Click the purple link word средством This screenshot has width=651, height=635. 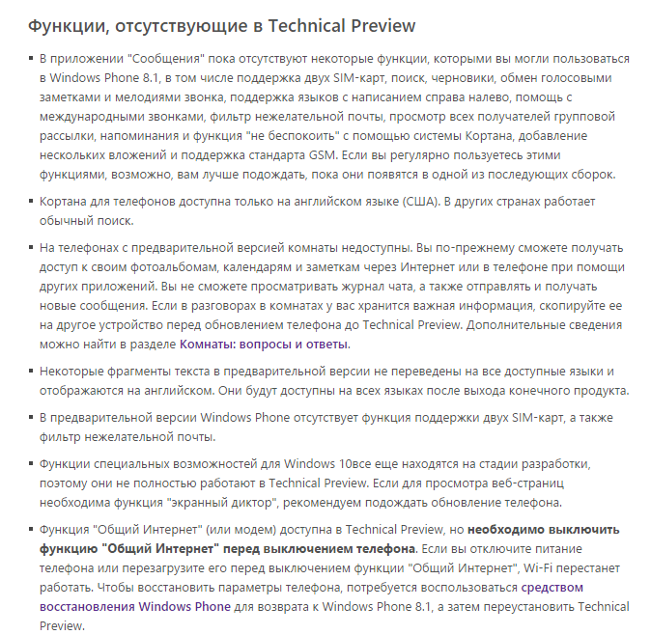552,587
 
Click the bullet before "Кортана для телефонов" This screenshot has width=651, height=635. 28,201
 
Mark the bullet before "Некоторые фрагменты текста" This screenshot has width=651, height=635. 28,372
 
